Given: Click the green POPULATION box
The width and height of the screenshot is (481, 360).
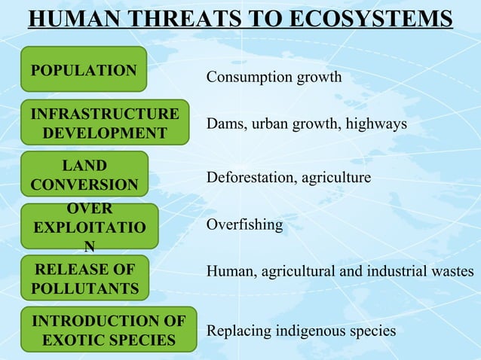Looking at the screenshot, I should click(x=83, y=69).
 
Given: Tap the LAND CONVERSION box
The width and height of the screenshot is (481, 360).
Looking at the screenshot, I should click(x=84, y=175).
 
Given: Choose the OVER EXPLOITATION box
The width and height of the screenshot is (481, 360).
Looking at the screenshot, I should click(x=89, y=225).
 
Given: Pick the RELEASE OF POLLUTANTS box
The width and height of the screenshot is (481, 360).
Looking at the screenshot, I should click(x=84, y=279).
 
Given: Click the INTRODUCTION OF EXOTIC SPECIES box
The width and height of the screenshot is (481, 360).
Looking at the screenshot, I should click(x=109, y=330).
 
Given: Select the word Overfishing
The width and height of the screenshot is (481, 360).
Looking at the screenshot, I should click(x=245, y=225).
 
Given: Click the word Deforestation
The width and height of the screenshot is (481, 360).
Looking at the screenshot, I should click(x=250, y=178).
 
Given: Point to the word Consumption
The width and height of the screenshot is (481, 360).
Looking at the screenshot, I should click(x=244, y=78).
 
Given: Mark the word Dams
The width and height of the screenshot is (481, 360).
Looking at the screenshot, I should click(x=222, y=124).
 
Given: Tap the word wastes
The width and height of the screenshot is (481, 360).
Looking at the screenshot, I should click(x=452, y=271).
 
